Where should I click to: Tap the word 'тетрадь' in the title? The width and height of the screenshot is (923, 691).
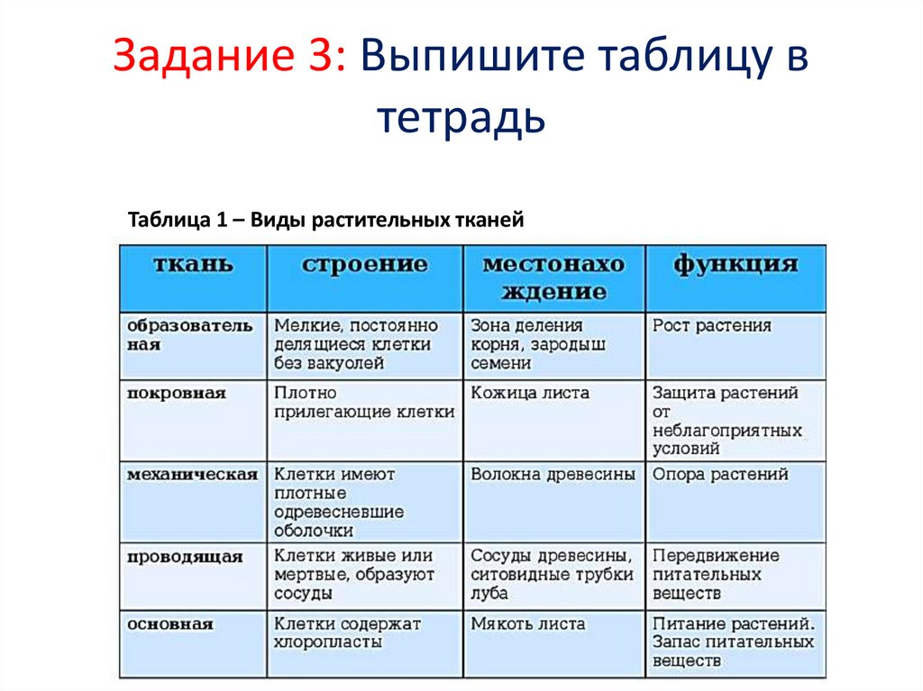click(x=461, y=118)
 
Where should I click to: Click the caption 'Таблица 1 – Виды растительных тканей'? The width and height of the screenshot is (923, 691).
click(x=325, y=221)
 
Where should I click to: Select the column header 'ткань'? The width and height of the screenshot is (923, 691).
click(x=193, y=265)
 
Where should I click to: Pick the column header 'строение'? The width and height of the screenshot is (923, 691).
click(x=364, y=265)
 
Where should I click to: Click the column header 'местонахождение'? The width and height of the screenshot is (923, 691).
click(x=553, y=277)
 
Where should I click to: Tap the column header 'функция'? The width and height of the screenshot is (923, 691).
click(x=736, y=265)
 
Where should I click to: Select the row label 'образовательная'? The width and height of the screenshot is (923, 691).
click(x=190, y=335)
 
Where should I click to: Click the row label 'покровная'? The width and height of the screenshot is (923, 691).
click(x=177, y=394)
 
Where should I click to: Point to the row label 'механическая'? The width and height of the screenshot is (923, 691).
click(x=192, y=475)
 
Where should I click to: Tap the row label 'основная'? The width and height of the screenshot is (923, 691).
click(x=170, y=624)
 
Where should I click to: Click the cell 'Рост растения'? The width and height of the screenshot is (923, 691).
click(x=712, y=326)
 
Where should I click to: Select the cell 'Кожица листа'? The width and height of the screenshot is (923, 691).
click(x=530, y=394)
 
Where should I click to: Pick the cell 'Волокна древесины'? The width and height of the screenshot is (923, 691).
click(x=553, y=475)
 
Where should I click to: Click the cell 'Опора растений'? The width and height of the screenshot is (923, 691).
click(x=720, y=475)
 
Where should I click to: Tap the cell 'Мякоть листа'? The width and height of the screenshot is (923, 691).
click(x=528, y=624)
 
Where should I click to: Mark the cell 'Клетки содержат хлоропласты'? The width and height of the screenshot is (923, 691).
click(x=348, y=633)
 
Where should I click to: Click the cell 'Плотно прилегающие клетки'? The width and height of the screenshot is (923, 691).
click(x=364, y=403)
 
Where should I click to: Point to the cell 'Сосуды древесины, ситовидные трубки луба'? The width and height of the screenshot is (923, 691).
click(x=552, y=575)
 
